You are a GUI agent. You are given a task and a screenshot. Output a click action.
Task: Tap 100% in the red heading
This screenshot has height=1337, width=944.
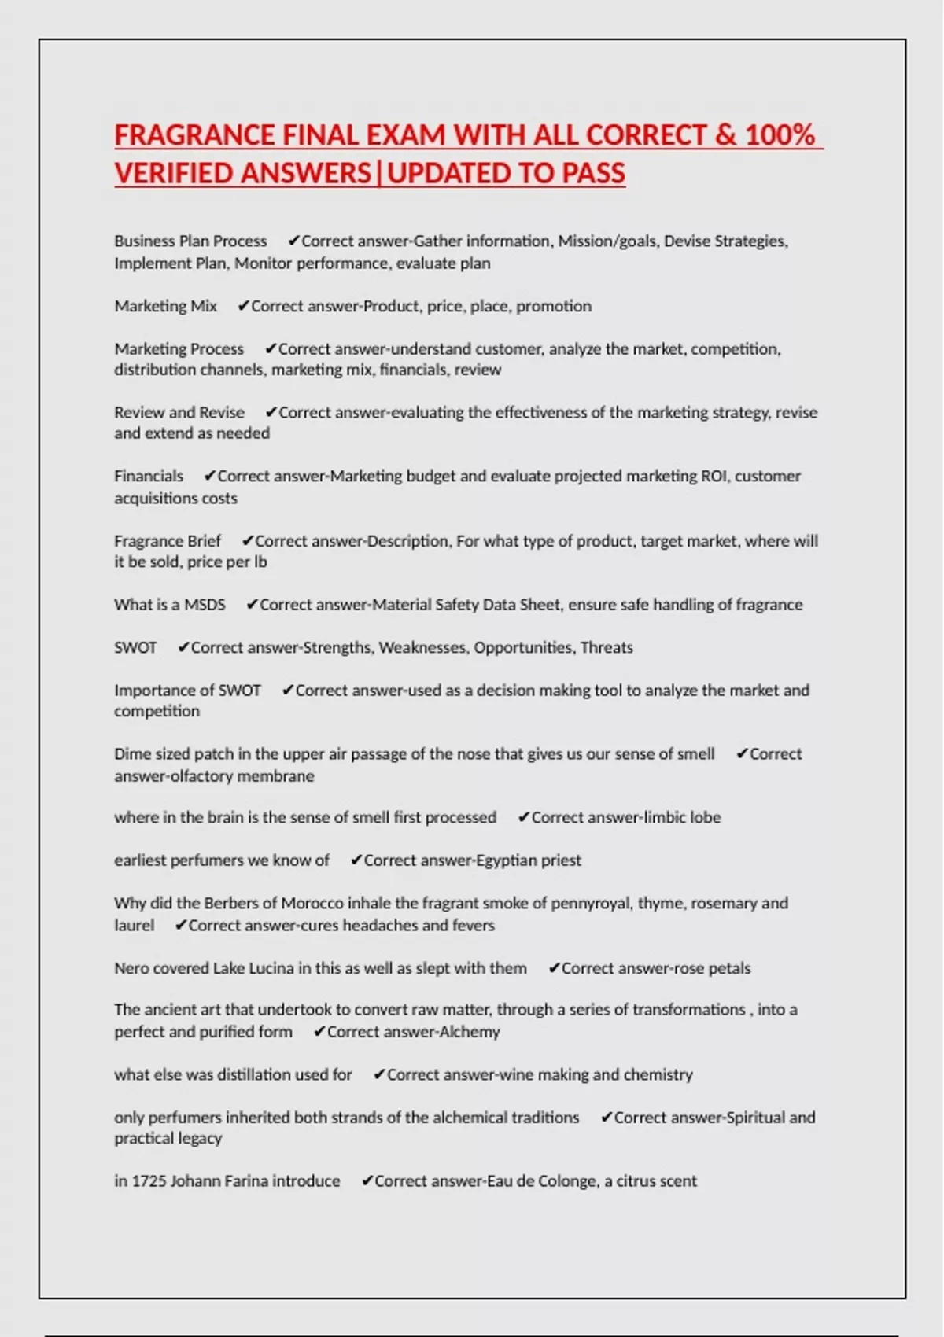780,135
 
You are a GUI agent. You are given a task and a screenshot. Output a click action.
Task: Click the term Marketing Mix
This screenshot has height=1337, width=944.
165,306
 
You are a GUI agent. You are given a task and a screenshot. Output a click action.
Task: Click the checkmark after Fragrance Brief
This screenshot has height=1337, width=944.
247,541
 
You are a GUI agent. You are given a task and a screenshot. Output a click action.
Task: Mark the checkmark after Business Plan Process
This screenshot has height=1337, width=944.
293,241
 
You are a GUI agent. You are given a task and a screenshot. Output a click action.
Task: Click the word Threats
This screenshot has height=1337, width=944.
607,647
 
